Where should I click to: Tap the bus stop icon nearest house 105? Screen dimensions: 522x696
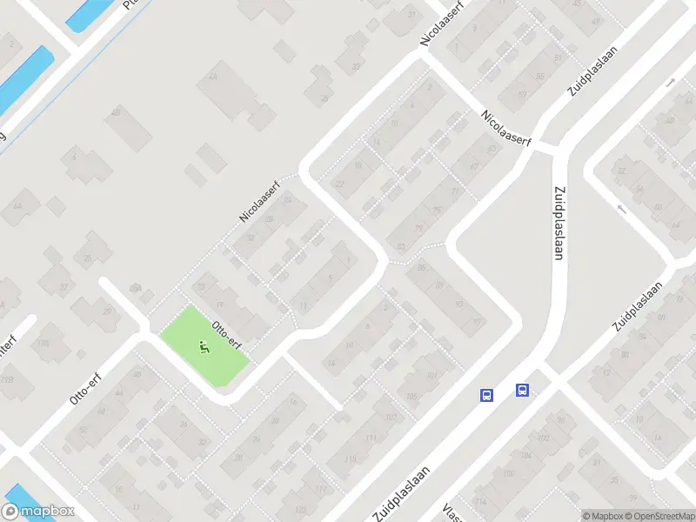click(486, 395)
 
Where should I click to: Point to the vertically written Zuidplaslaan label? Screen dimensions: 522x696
click(559, 222)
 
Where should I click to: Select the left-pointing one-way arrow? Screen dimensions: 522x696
click(619, 209)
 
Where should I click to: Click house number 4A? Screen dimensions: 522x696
click(212, 77)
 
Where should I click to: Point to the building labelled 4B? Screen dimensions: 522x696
click(116, 112)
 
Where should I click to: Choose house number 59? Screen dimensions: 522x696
click(522, 94)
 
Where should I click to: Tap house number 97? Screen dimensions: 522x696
click(475, 322)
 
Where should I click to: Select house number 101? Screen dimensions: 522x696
click(432, 376)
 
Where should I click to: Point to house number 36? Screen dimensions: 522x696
click(184, 425)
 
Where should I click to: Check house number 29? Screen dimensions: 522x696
click(109, 311)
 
